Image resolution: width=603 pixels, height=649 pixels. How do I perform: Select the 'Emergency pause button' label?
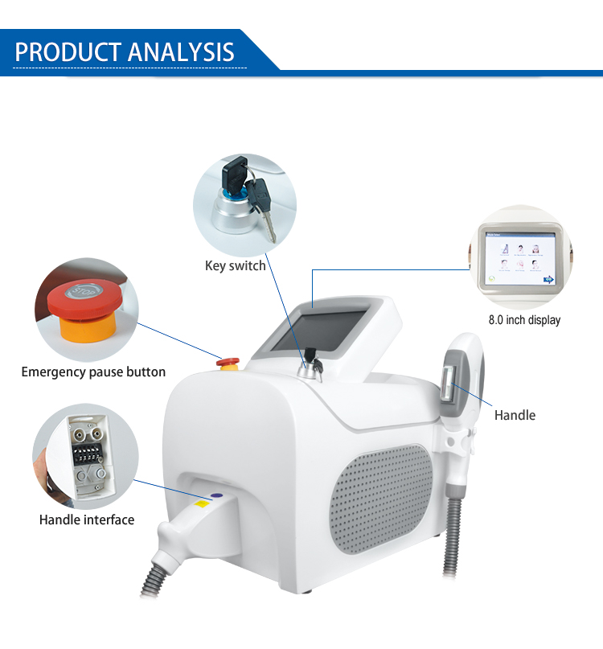(93, 372)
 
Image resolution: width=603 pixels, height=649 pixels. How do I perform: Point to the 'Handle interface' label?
(87, 520)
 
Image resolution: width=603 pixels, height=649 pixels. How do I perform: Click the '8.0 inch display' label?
(524, 320)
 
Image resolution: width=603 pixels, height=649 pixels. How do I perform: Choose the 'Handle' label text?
(515, 415)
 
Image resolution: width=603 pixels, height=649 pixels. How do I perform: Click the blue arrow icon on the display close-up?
(549, 279)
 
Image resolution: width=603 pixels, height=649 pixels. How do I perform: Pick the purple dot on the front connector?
(215, 495)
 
